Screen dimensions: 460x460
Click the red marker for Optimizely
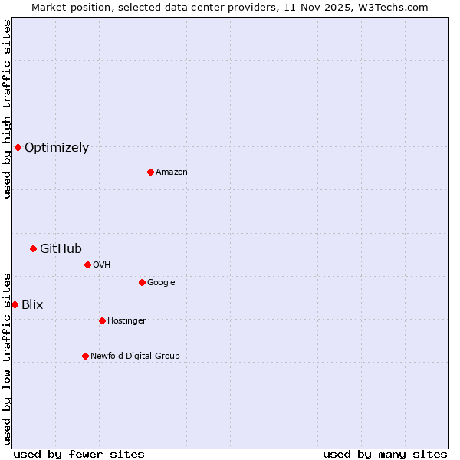[x=18, y=147]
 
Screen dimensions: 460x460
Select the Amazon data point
[x=150, y=172]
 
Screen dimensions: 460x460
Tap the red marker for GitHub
[x=33, y=248]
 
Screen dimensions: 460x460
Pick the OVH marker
[x=87, y=264]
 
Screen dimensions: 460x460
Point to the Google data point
[x=142, y=282]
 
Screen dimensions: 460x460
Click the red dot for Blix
[x=15, y=304]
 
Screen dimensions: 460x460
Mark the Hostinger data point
[x=102, y=320]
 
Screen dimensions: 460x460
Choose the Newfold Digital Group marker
[x=85, y=356]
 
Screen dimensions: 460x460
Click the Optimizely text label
[x=57, y=148]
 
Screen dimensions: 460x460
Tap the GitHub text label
[x=61, y=248]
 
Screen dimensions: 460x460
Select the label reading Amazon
[x=172, y=172]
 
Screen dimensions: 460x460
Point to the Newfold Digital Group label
[x=135, y=356]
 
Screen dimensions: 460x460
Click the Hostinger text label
[x=127, y=320]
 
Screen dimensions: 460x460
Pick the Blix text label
[x=32, y=304]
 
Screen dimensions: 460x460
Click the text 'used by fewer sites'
[x=79, y=454]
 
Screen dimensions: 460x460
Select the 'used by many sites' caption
[x=385, y=454]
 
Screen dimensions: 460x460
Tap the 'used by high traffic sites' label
[x=7, y=109]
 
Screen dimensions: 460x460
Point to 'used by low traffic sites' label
[x=7, y=358]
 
